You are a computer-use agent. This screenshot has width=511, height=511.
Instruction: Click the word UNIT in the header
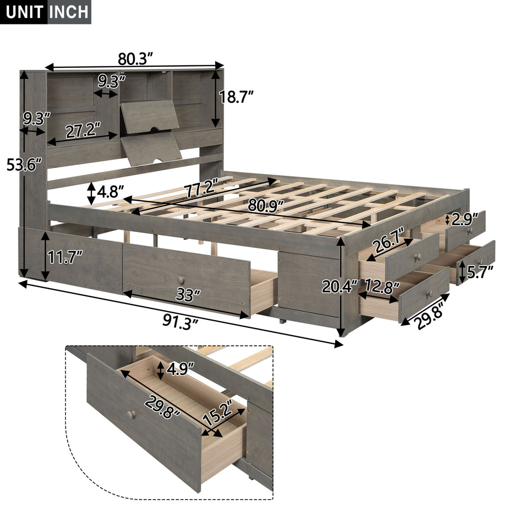coord(25,11)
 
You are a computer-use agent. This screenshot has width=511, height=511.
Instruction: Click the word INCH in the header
coord(68,11)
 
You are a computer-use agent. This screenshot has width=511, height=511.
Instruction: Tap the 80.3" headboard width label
coord(135,59)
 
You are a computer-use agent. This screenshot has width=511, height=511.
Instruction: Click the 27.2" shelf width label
coord(83,132)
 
